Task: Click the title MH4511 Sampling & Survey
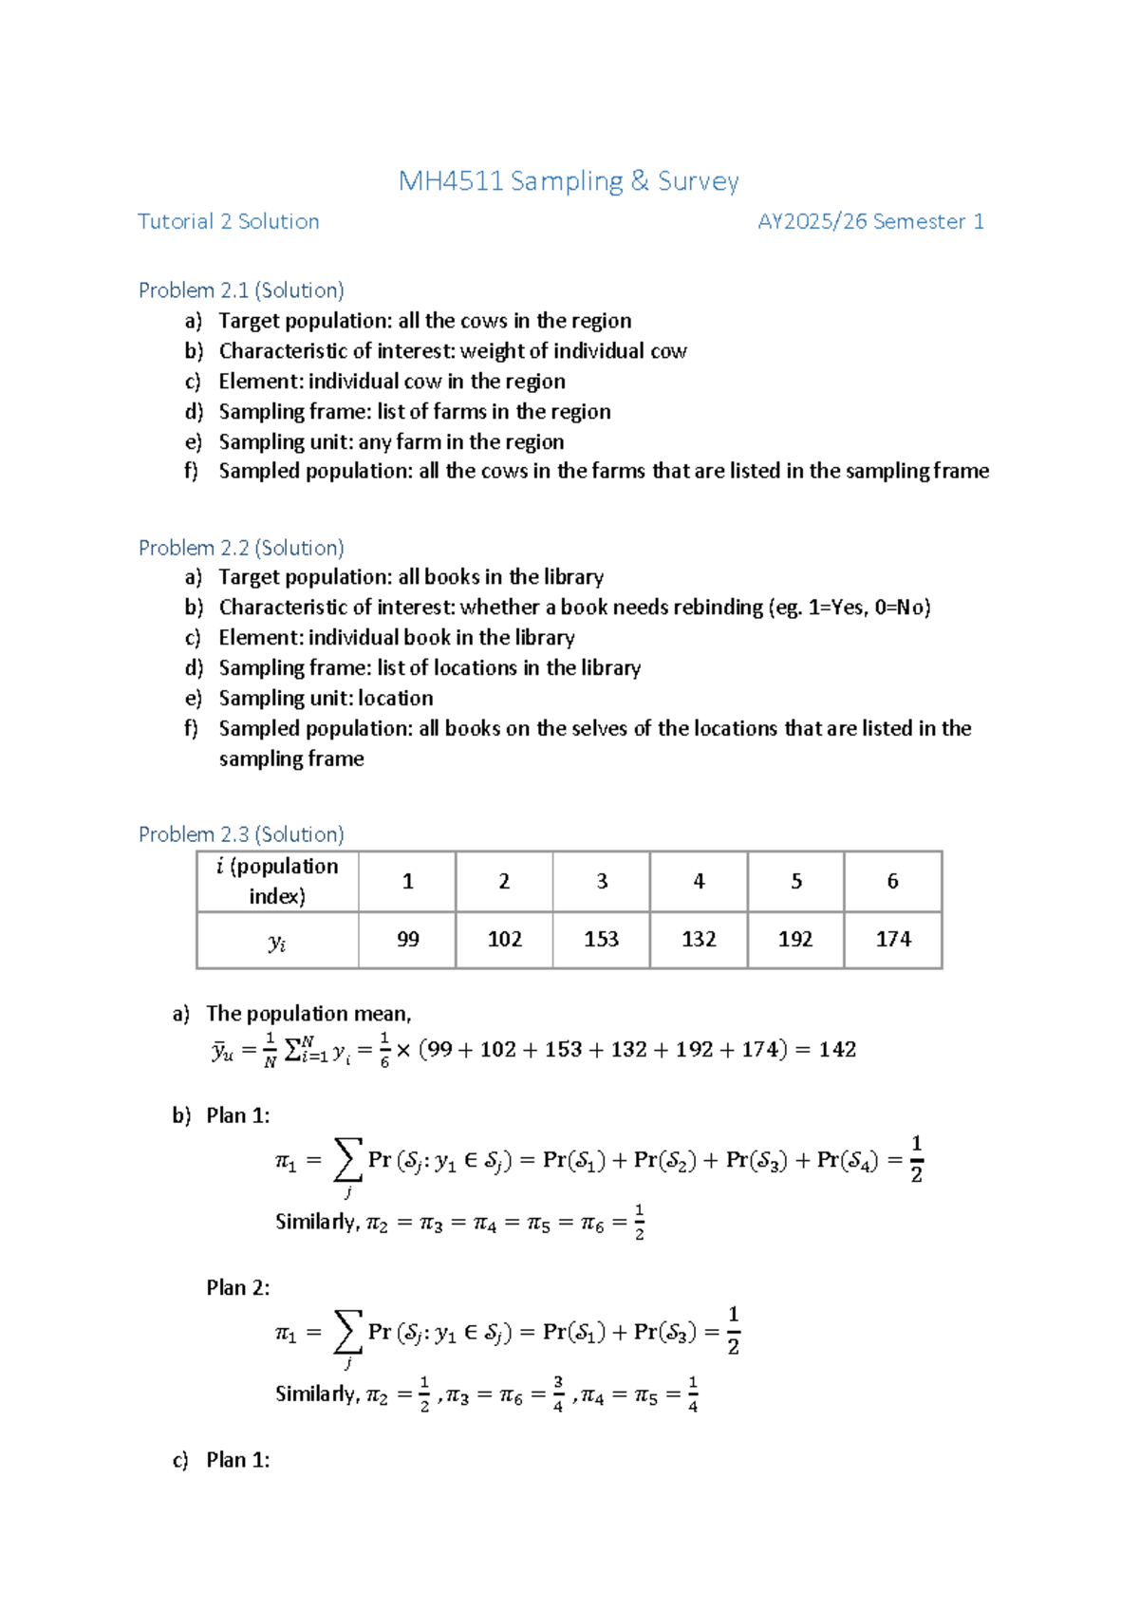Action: point(568,180)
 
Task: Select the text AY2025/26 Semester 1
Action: point(869,221)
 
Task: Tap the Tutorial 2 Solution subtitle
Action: point(228,221)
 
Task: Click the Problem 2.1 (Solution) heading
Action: point(241,290)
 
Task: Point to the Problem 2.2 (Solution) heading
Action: point(241,548)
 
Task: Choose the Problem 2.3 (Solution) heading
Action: point(241,834)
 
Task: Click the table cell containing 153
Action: point(601,939)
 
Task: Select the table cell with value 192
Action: point(795,939)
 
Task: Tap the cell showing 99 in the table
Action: point(407,939)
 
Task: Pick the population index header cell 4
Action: point(699,881)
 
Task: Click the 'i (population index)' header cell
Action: point(277,881)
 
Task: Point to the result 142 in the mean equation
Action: point(837,1049)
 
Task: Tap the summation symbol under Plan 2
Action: point(347,1333)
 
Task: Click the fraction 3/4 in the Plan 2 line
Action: point(558,1394)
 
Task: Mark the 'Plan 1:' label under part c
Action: point(237,1460)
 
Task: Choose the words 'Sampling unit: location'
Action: point(326,699)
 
